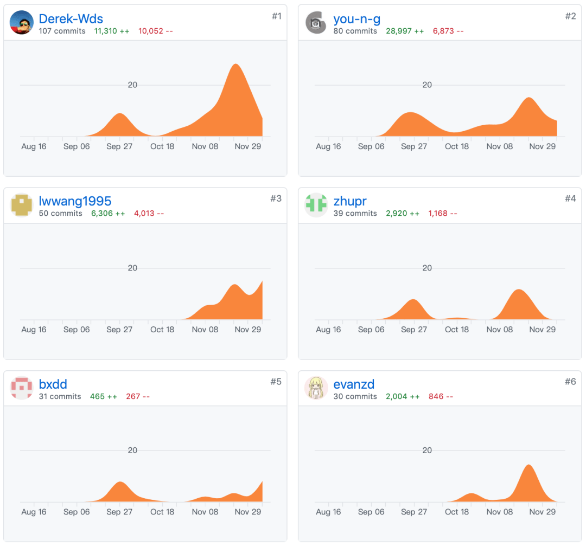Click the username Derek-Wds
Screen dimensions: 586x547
[71, 18]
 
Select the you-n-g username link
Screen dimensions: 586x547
[356, 19]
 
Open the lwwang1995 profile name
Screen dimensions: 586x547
[75, 201]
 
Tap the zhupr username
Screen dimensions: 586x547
[350, 201]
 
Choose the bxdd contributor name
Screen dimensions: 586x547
[53, 384]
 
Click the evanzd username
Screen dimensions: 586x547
[354, 384]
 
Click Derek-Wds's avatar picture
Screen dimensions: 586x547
[22, 22]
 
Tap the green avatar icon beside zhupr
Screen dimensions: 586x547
[316, 205]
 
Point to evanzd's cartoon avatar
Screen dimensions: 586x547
[316, 388]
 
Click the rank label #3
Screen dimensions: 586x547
[276, 198]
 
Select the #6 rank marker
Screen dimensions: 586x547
[570, 382]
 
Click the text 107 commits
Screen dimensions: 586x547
[62, 31]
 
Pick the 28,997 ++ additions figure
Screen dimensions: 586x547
[405, 31]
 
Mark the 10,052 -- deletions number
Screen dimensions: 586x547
[156, 31]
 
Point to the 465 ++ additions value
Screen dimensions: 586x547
[104, 396]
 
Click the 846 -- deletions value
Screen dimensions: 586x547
[441, 396]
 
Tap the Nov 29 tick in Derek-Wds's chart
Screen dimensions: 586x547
[248, 146]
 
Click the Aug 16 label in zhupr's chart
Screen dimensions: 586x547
[328, 329]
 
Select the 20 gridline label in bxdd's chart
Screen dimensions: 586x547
[132, 451]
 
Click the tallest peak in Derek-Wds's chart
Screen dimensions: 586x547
[236, 65]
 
